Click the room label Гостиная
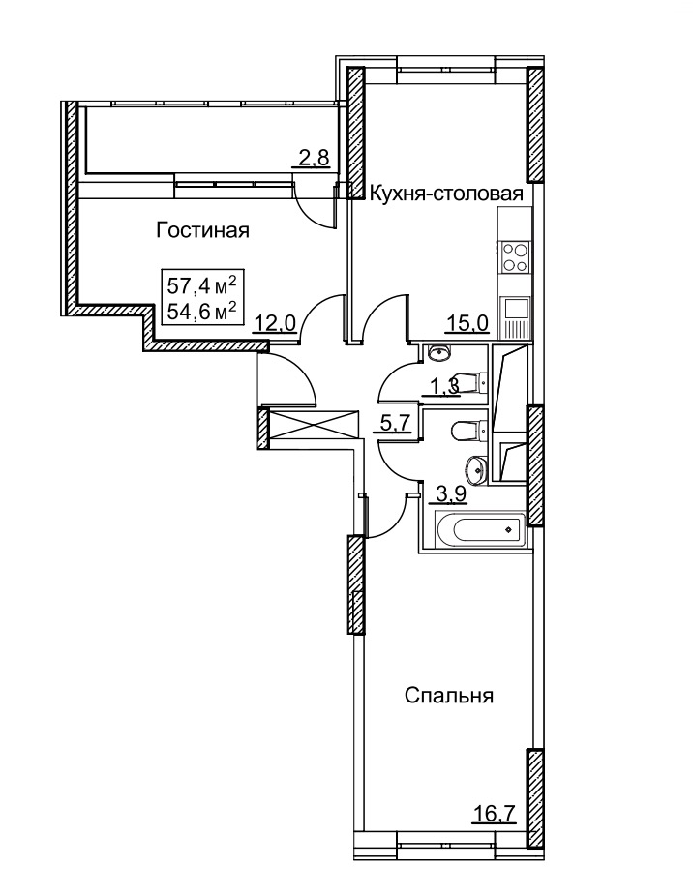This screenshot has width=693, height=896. [203, 231]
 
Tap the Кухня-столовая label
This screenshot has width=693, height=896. [446, 194]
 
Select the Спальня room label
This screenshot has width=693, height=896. [449, 696]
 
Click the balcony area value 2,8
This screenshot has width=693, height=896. [315, 157]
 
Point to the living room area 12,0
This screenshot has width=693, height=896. [276, 324]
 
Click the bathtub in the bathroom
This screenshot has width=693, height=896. [480, 529]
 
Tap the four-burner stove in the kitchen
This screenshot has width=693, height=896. [515, 257]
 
